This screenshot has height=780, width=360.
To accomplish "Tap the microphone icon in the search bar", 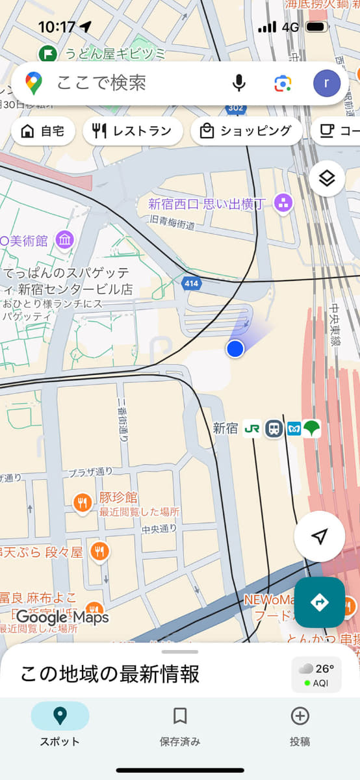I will [x=239, y=83].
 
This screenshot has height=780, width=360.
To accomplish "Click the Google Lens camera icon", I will [x=283, y=83].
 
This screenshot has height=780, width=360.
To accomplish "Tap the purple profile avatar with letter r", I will [x=326, y=83].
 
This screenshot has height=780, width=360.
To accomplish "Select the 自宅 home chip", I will [x=43, y=131].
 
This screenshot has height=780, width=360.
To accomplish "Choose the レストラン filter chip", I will [x=133, y=131].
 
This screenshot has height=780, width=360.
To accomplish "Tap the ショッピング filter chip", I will [x=246, y=131].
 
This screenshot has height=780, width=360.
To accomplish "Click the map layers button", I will [x=326, y=179].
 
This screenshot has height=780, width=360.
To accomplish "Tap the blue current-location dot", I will [x=235, y=349].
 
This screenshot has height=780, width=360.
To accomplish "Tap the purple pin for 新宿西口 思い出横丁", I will [x=283, y=203].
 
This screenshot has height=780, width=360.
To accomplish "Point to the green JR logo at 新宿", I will [x=252, y=429].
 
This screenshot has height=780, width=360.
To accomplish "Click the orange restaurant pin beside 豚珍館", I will [x=82, y=502].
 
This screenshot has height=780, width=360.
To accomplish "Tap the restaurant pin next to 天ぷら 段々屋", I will [x=99, y=552].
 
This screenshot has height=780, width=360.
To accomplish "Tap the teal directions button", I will [x=320, y=603].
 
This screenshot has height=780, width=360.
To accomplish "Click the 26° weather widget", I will [x=316, y=674].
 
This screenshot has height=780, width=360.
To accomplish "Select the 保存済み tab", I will [x=180, y=725].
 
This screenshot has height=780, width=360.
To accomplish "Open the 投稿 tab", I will [x=300, y=725].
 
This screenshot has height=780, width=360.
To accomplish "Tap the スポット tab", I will [x=60, y=725].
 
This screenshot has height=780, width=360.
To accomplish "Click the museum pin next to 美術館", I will [x=64, y=240].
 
